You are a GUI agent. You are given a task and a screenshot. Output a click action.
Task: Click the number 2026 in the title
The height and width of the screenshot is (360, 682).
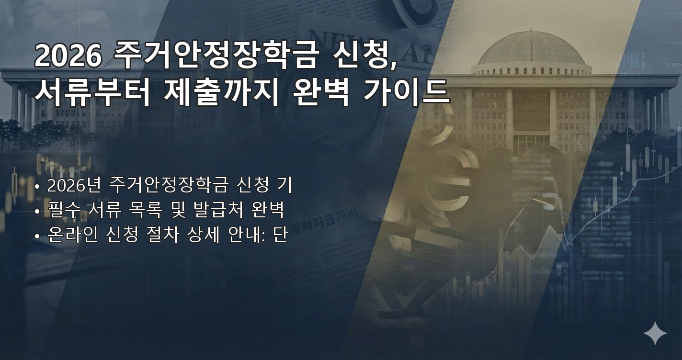tap(68, 56)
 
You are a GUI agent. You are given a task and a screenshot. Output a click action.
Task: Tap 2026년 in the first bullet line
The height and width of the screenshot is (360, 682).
tap(74, 185)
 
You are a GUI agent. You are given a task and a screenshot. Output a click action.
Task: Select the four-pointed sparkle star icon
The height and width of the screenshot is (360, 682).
tap(655, 333)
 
